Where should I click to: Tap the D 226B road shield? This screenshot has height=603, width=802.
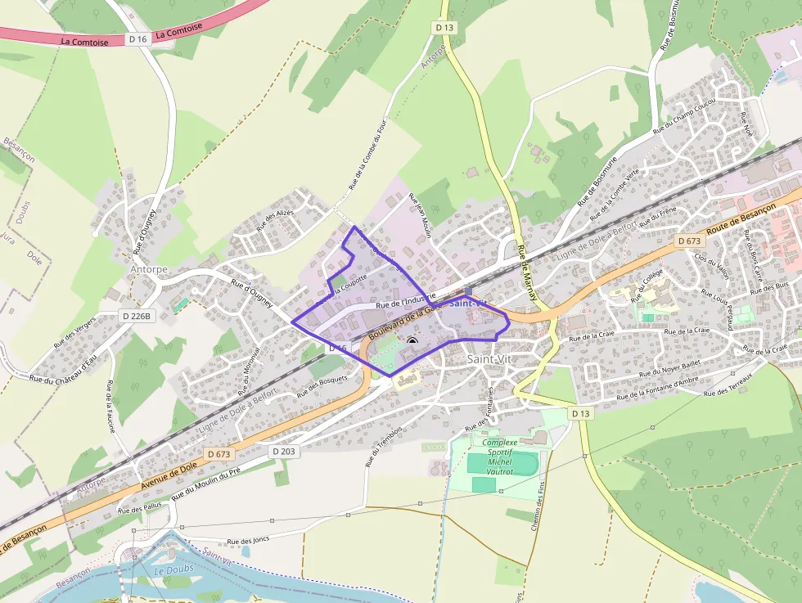137,316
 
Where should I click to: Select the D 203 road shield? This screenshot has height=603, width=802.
283,451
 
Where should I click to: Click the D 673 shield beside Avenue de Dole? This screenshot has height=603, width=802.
220,453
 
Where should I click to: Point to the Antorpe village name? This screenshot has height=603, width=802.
148,268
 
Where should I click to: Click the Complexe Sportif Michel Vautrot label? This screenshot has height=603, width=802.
500,457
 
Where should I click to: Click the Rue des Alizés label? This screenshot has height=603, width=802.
275,220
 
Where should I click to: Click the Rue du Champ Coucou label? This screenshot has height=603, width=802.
684,116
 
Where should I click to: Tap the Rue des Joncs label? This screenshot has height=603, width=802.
248,540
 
